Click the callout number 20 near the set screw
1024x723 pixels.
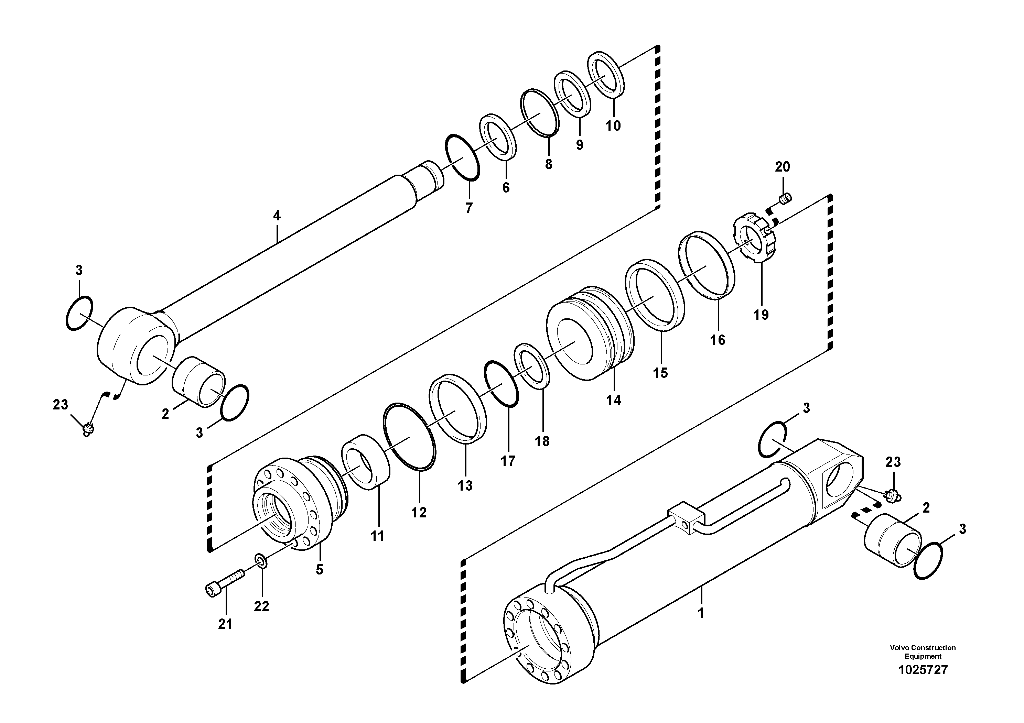coord(782,167)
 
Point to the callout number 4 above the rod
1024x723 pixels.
coord(277,216)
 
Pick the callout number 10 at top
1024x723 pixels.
coord(613,126)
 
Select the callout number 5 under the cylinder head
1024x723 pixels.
coord(319,570)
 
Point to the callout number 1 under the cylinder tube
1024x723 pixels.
coord(700,613)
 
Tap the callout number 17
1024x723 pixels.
coord(508,461)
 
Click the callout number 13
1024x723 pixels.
coord(465,486)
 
